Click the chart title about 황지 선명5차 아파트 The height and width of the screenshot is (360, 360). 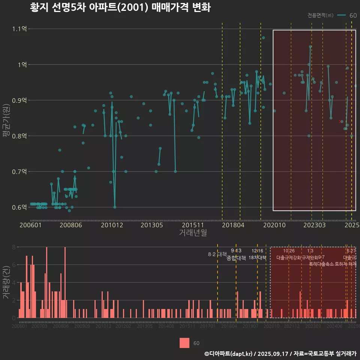(120, 7)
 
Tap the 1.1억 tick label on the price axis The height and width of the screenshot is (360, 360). (19, 29)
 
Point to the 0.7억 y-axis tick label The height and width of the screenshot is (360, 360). (19, 171)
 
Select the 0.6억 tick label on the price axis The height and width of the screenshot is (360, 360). (19, 207)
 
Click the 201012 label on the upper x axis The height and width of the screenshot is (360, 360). (112, 225)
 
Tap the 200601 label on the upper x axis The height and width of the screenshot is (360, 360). (30, 225)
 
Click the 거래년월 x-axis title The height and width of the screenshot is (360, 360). (192, 233)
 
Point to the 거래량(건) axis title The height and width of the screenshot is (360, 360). (6, 282)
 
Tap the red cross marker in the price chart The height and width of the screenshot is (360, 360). (340, 121)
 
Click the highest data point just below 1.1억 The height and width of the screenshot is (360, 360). (263, 38)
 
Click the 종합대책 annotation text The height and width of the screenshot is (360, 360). (236, 258)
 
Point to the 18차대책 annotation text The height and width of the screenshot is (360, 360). (257, 258)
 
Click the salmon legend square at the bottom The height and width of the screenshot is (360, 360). (184, 343)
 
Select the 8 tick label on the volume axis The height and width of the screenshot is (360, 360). (13, 247)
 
